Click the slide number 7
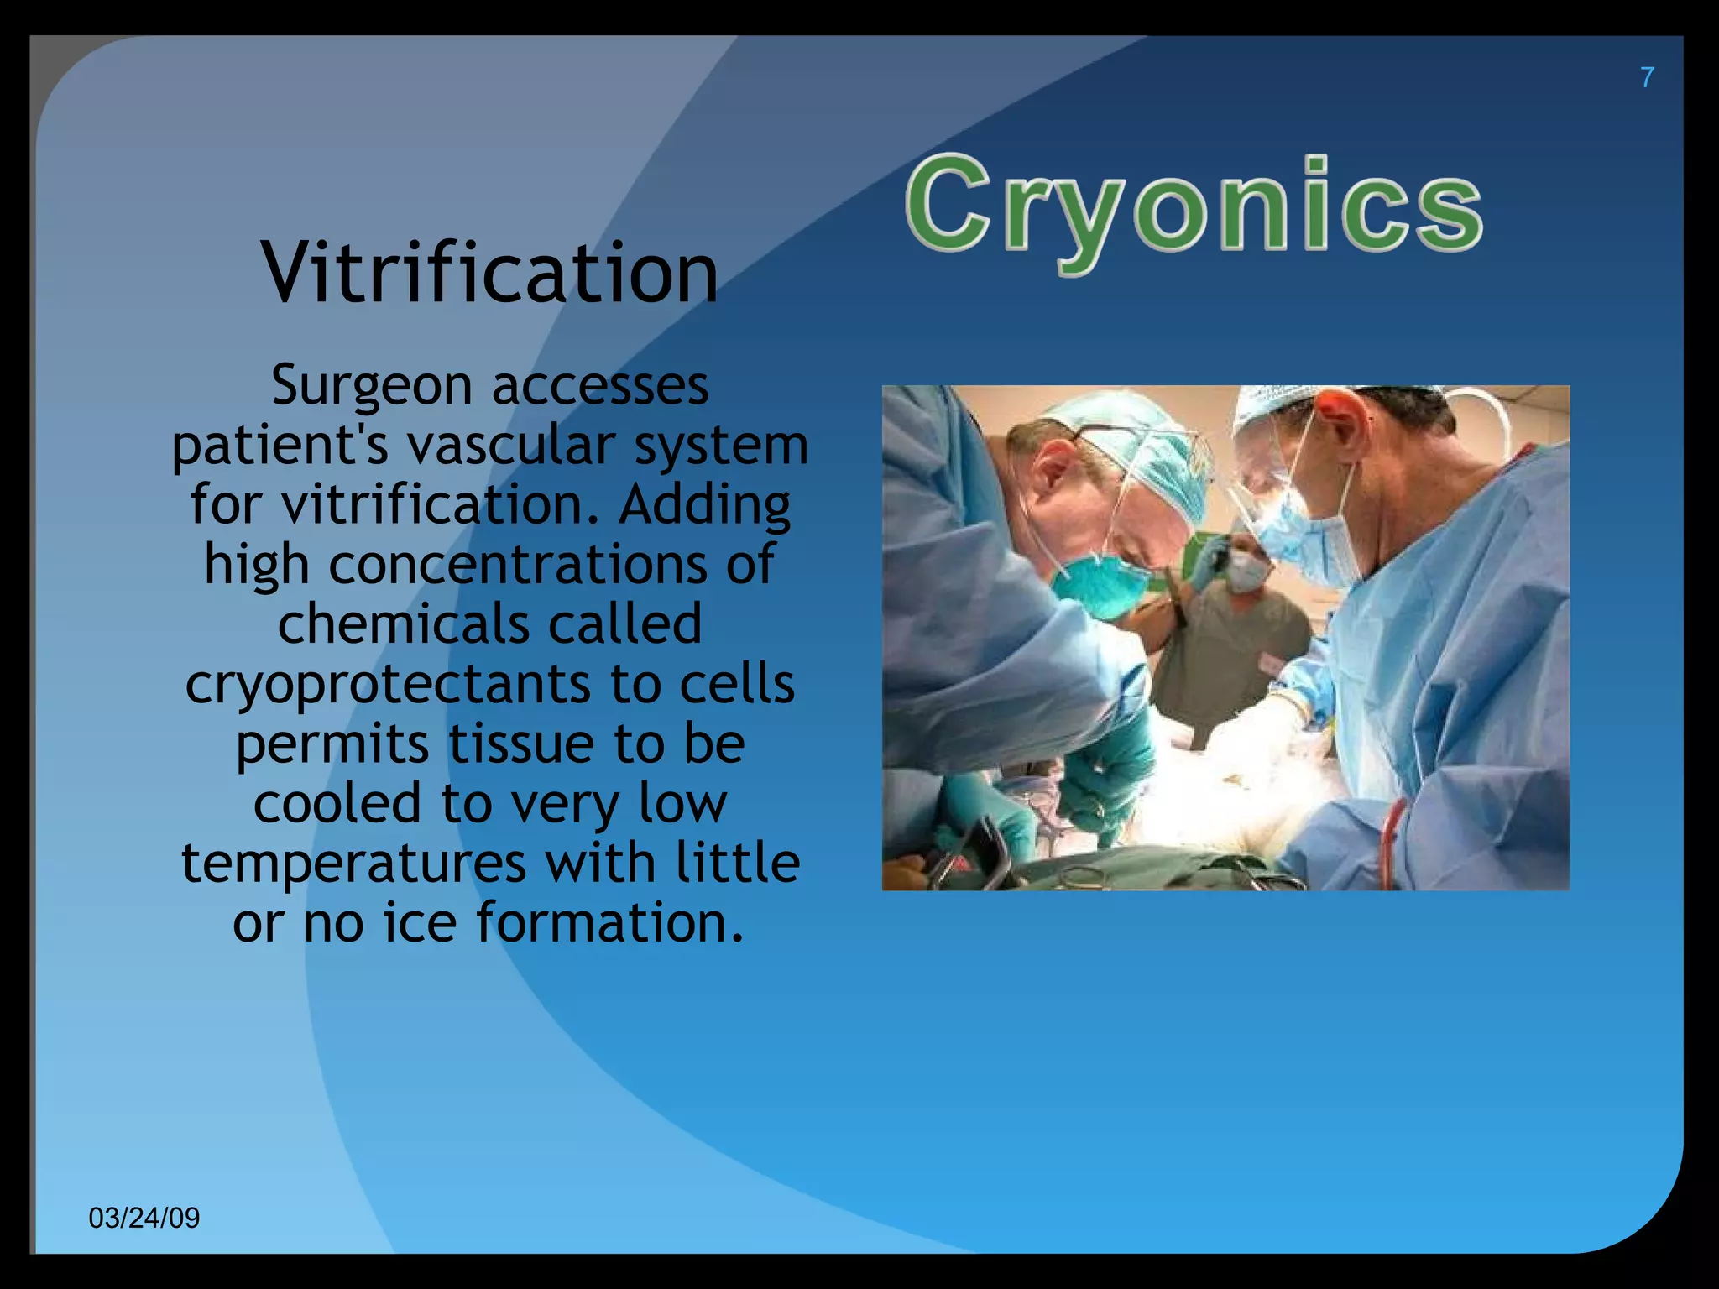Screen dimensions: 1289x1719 coord(1647,77)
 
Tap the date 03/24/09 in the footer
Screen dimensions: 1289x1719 coord(144,1218)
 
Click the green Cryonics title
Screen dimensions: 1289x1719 coord(1194,208)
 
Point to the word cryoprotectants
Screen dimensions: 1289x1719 coord(387,685)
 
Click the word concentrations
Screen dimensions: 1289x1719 coord(518,564)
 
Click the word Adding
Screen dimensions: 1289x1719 coord(705,504)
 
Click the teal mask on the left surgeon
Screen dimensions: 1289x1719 coord(1095,586)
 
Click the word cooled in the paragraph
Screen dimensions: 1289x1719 coord(337,803)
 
